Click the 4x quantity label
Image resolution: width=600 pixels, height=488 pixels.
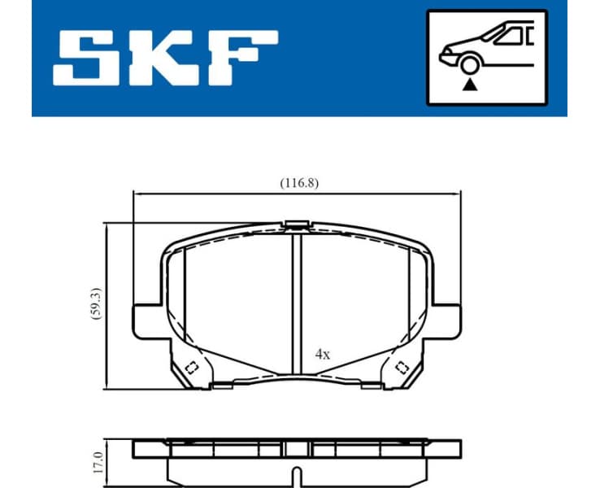click(323, 354)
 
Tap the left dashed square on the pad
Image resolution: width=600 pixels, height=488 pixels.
click(192, 368)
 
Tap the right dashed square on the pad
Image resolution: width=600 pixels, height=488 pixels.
click(401, 368)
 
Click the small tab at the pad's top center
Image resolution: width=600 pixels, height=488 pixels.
click(296, 224)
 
